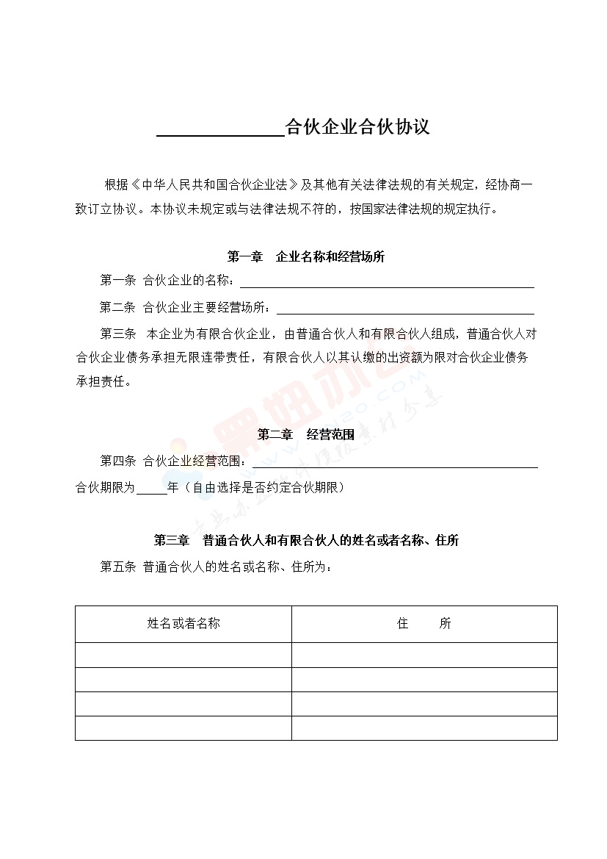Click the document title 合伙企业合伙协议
coord(357,127)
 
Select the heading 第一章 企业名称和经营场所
coord(306,257)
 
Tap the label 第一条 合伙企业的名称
coord(167,281)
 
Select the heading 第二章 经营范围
coord(306,435)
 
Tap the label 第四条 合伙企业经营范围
coord(175,461)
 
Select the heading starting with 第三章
coord(306,541)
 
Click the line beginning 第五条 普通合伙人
coord(216,567)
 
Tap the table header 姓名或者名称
coord(183,624)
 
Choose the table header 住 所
coord(424,624)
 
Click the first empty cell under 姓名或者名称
coord(183,655)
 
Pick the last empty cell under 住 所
coord(424,727)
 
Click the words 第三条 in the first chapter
coord(118,334)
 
